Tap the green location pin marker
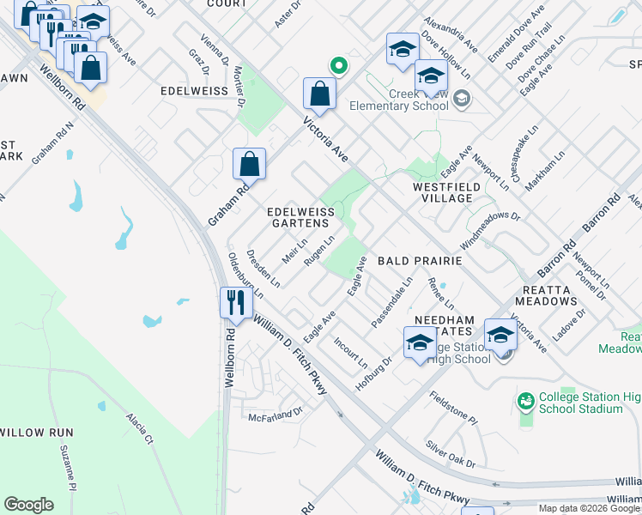[x=339, y=64]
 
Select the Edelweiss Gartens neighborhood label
[x=299, y=216]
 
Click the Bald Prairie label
[x=420, y=260]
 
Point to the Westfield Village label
[x=443, y=192]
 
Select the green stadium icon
[x=525, y=401]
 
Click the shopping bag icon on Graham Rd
[x=249, y=164]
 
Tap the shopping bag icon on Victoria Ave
[x=319, y=95]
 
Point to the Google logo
[x=28, y=505]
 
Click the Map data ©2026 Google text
[x=588, y=508]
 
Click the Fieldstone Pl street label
[x=452, y=408]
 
